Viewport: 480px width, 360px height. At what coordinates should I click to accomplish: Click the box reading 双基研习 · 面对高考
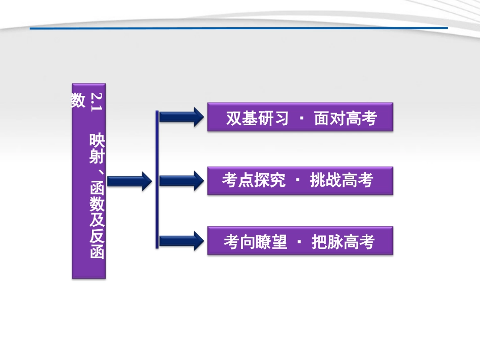click(300, 118)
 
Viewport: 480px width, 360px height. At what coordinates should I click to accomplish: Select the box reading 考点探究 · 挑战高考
click(300, 180)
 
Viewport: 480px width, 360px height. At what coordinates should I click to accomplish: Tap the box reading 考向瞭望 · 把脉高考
click(300, 241)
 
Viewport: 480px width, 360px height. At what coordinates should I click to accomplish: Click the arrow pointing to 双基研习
click(181, 117)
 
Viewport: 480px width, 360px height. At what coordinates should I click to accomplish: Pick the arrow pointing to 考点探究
click(181, 180)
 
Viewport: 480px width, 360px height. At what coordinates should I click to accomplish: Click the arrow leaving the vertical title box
click(129, 180)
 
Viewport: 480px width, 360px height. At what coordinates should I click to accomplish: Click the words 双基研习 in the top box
click(257, 119)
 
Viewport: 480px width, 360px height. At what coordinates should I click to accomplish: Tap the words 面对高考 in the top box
click(346, 119)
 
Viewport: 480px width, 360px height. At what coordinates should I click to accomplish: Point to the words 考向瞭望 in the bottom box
click(255, 242)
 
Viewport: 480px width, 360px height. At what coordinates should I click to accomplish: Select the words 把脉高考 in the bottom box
click(343, 242)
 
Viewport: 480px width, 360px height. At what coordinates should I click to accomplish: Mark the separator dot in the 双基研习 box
click(302, 119)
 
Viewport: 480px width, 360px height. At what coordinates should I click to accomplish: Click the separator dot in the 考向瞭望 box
click(300, 242)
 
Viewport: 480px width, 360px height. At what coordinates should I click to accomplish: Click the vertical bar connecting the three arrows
click(157, 179)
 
